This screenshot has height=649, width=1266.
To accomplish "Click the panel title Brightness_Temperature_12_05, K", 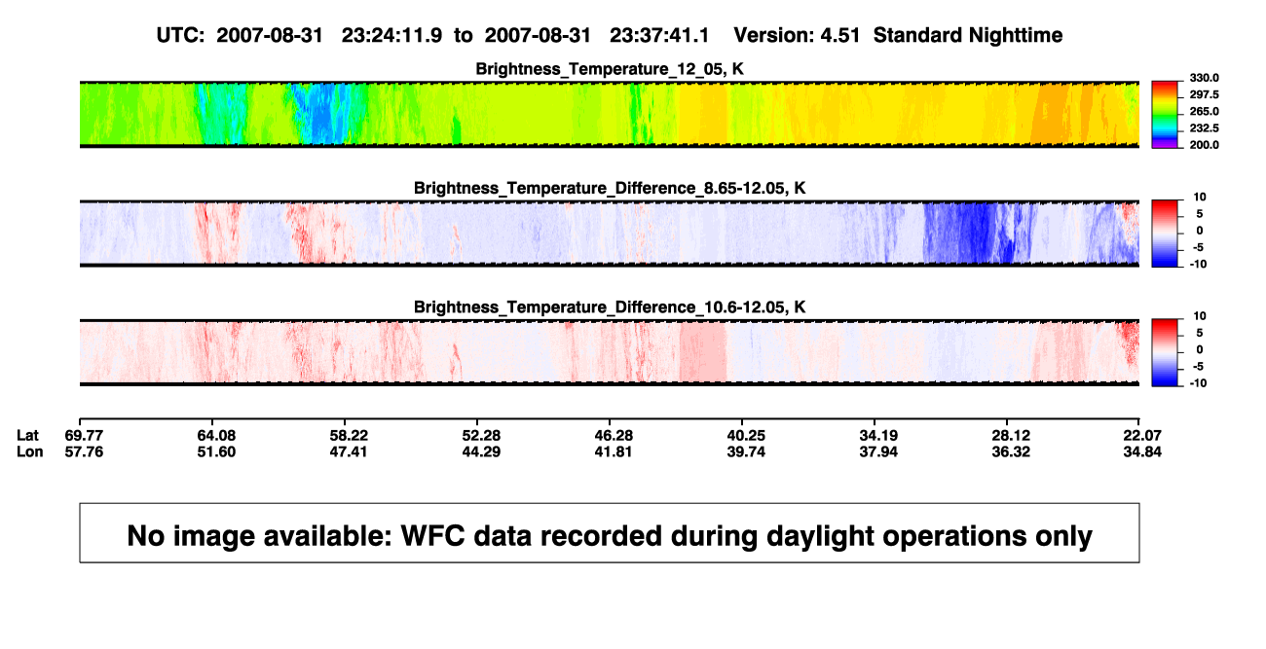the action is pyautogui.click(x=610, y=69).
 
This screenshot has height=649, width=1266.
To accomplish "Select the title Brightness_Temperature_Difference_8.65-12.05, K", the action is pyautogui.click(x=610, y=188).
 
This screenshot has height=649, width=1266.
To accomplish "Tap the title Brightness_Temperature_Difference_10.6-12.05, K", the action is pyautogui.click(x=610, y=307).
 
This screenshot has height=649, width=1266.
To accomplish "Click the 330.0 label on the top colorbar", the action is pyautogui.click(x=1204, y=78).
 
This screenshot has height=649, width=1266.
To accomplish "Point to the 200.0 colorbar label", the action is pyautogui.click(x=1204, y=145).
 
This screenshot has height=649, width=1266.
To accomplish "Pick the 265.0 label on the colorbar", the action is pyautogui.click(x=1204, y=111).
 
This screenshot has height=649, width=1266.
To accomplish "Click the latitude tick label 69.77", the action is pyautogui.click(x=84, y=436).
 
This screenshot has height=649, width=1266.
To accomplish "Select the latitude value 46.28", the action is pyautogui.click(x=614, y=436).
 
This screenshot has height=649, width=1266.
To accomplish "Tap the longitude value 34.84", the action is pyautogui.click(x=1142, y=451).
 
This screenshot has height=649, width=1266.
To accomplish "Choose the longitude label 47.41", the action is pyautogui.click(x=349, y=451).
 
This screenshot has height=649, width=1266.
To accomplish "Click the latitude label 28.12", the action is pyautogui.click(x=1011, y=436).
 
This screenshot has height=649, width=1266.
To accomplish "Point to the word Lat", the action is pyautogui.click(x=27, y=436).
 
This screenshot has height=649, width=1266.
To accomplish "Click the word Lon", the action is pyautogui.click(x=30, y=451).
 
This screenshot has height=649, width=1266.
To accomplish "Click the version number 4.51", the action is pyautogui.click(x=839, y=36).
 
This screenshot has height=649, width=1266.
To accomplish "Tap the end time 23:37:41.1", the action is pyautogui.click(x=659, y=36).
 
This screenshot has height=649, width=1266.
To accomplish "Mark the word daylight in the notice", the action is pyautogui.click(x=815, y=537).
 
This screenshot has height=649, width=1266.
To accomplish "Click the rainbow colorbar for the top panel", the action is pyautogui.click(x=1165, y=115).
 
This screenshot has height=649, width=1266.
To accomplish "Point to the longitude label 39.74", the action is pyautogui.click(x=746, y=451).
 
